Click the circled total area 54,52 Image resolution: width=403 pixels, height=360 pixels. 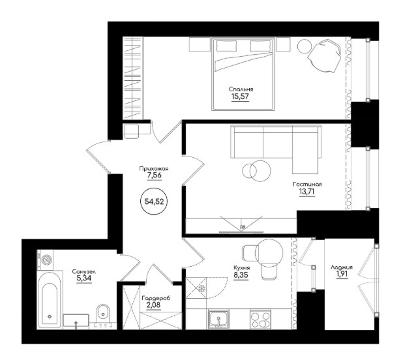(154, 202)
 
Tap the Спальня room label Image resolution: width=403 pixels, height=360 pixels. (241, 89)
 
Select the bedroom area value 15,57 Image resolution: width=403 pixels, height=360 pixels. (241, 97)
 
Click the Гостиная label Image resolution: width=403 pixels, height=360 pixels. (307, 185)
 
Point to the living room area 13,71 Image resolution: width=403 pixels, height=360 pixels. (307, 192)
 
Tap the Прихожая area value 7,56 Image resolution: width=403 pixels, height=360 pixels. (154, 175)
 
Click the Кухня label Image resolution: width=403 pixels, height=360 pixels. (241, 268)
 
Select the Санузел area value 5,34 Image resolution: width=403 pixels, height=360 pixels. (84, 278)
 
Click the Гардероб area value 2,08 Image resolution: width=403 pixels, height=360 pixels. (153, 305)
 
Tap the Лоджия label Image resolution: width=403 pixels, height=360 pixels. (342, 267)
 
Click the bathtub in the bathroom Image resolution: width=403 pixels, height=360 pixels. (50, 299)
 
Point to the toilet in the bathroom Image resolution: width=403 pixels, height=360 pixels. (104, 314)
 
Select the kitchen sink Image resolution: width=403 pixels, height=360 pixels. (218, 319)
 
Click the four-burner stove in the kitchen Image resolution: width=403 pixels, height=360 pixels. (260, 319)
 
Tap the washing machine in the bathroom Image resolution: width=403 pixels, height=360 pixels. (45, 260)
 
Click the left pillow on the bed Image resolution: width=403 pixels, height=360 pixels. (226, 46)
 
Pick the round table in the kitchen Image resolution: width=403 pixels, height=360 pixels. (269, 252)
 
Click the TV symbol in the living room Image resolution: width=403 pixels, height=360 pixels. (241, 225)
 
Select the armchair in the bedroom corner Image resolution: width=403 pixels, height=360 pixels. (325, 55)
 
